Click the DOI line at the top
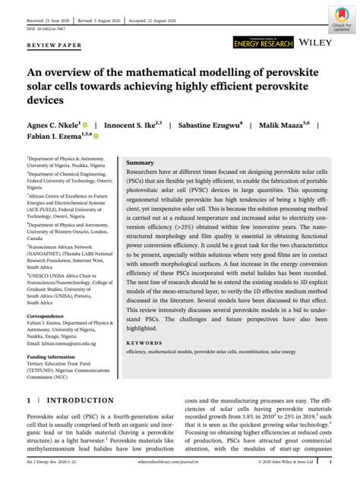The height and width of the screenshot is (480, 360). click(46, 27)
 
